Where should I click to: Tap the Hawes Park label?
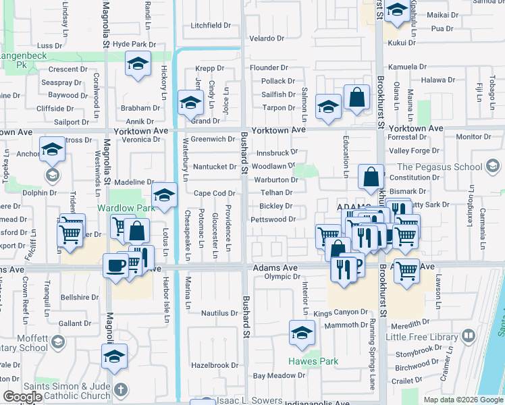pyautogui.click(x=313, y=361)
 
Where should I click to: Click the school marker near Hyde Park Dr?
pyautogui.click(x=138, y=64)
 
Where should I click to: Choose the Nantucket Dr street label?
pyautogui.click(x=214, y=167)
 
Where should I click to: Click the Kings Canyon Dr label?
pyautogui.click(x=341, y=313)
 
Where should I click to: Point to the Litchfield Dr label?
pyautogui.click(x=211, y=26)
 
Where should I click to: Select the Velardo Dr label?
pyautogui.click(x=269, y=38)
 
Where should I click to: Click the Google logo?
pyautogui.click(x=23, y=397)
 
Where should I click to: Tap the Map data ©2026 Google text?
pyautogui.click(x=463, y=400)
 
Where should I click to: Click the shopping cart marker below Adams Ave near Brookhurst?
pyautogui.click(x=406, y=271)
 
